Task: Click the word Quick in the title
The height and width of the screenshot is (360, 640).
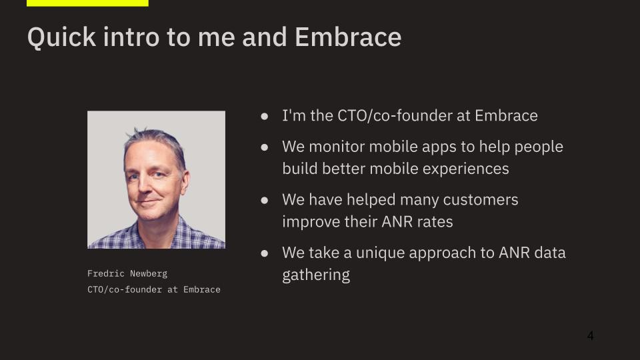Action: coord(61,37)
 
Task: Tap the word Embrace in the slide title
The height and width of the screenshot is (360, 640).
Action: coord(348,37)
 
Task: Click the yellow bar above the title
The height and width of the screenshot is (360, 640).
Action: coord(87,3)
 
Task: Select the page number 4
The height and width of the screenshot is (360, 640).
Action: coord(590,335)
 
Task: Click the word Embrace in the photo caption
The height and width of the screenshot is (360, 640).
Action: coord(201,289)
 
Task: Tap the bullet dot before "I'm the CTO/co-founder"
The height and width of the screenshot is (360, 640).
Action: coord(265,116)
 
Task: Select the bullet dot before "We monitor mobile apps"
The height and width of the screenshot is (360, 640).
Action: coord(265,147)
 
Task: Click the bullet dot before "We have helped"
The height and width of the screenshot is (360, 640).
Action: coord(265,200)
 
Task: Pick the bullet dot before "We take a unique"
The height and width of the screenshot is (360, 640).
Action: coord(265,253)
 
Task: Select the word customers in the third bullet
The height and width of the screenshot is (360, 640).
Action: coord(481,200)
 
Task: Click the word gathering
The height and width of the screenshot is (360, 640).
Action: coord(316,275)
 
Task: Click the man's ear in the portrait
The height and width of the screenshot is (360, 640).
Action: coord(184,183)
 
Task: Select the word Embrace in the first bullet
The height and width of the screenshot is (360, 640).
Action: coord(506,115)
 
